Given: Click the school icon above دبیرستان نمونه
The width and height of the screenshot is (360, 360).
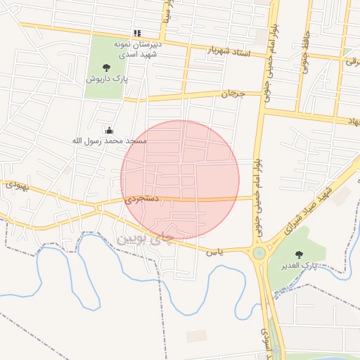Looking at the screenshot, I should tap(137, 33).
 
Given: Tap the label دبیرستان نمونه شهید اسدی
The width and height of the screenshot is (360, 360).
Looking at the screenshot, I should tap(138, 48).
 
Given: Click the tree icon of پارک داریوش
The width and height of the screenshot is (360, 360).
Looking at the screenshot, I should tap(106, 67).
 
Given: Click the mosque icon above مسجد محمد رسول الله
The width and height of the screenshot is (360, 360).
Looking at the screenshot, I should tap(109, 130).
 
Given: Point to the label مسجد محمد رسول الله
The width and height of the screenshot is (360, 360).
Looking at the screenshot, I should tap(110, 141).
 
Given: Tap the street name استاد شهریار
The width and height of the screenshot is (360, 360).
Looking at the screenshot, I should tap(229, 50).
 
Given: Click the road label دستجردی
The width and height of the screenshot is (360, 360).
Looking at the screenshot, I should tap(143, 200).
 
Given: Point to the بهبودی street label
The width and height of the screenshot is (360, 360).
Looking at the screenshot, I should tap(17, 186).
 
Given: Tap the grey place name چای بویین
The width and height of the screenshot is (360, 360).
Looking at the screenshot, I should tap(143, 238).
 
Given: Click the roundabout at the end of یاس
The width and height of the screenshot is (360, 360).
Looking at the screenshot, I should tap(259, 252).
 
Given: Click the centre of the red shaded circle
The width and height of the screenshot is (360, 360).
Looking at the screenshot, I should tap(180, 179).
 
